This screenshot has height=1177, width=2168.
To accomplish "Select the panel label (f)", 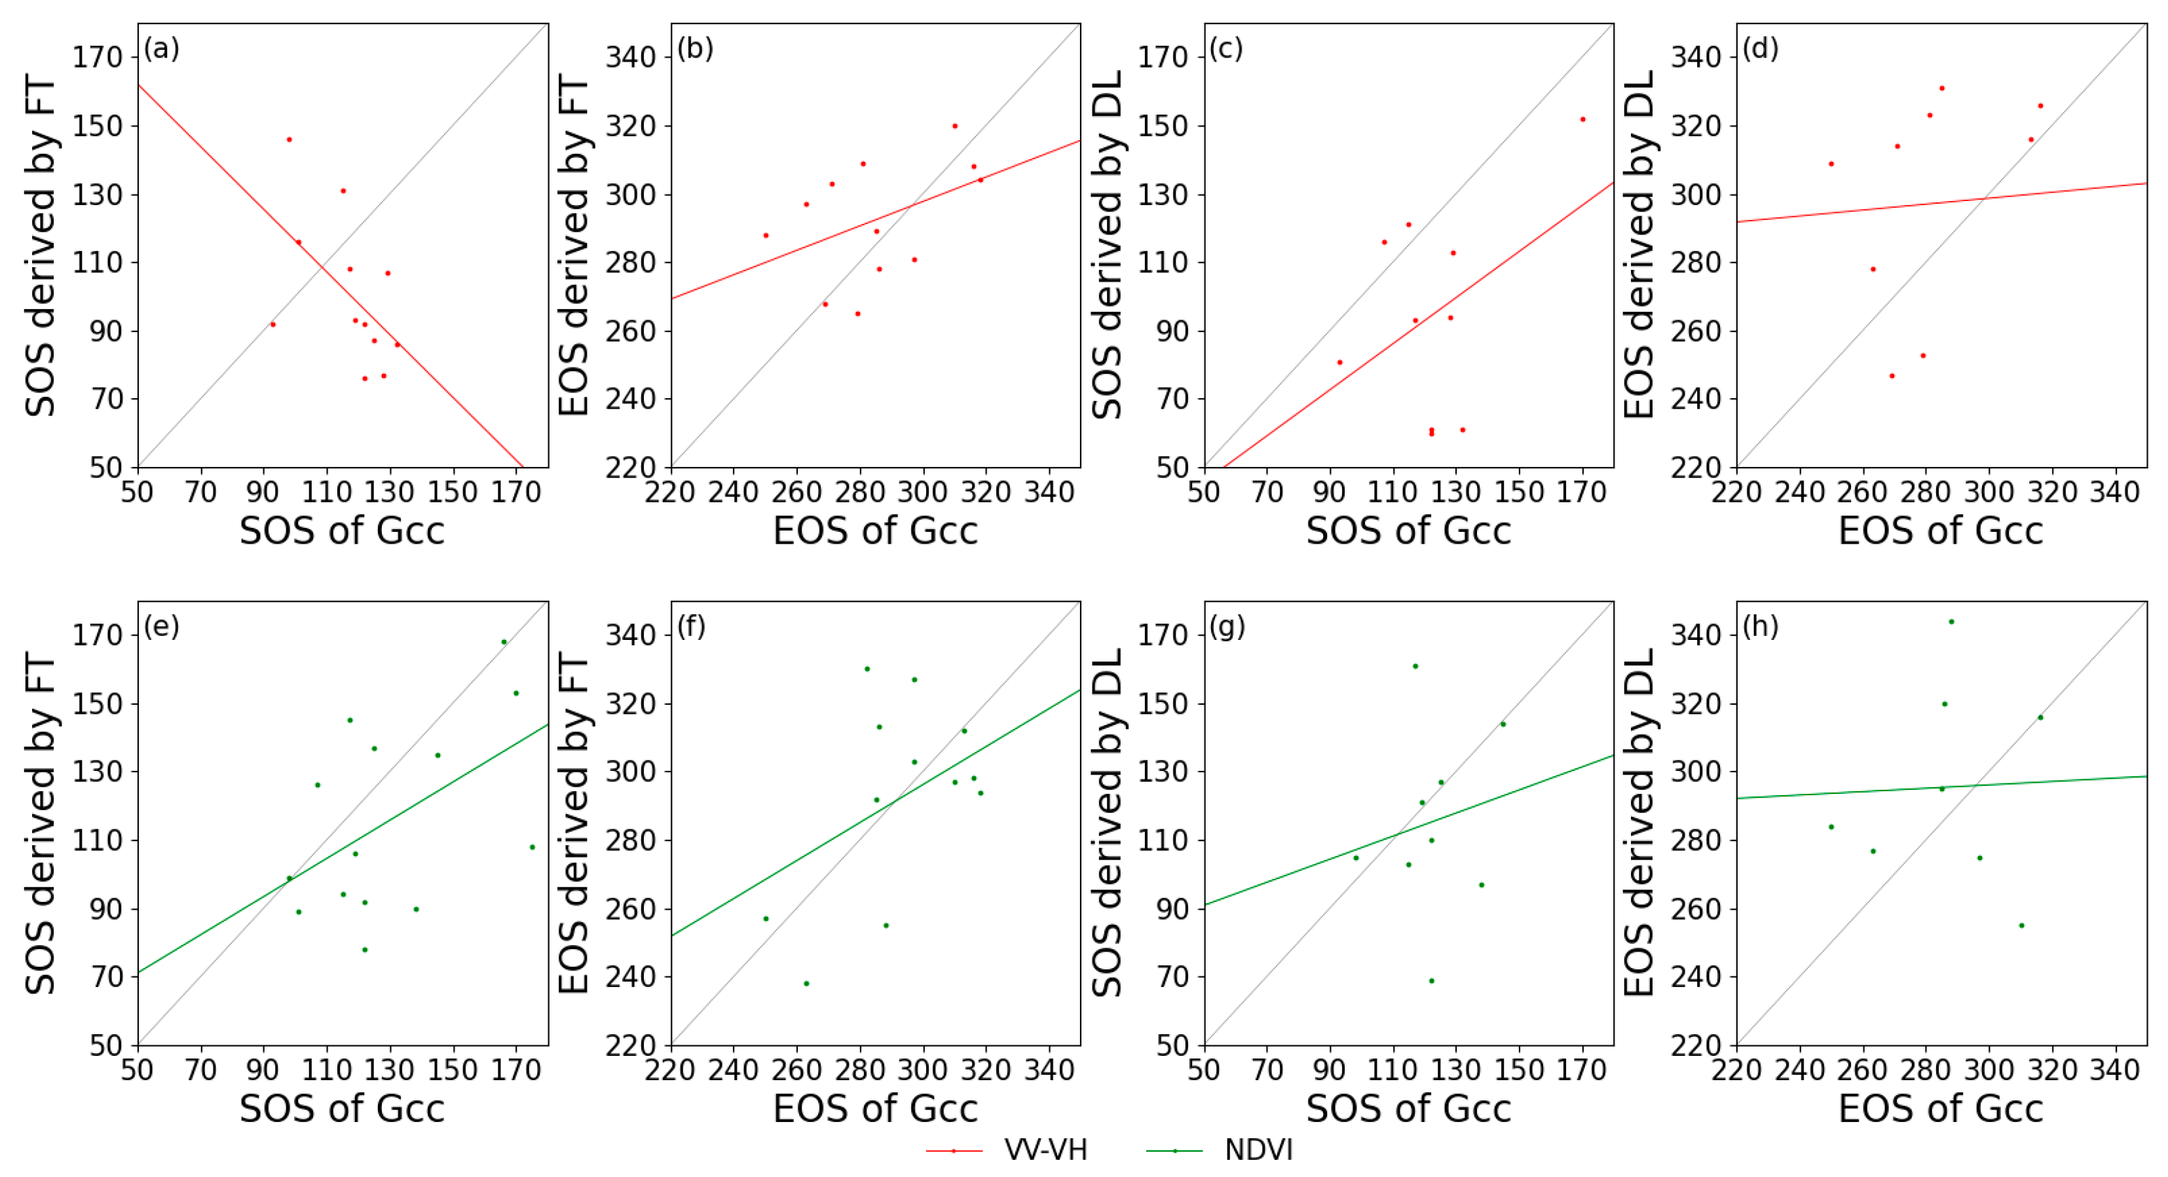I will pos(691,626).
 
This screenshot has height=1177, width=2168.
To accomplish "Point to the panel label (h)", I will pos(1760,626).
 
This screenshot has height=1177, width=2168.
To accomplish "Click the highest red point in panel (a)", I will pos(289,140).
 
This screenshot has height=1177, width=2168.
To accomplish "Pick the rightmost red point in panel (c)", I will pos(1582,119).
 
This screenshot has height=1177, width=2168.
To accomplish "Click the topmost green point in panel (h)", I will pos(1951,622).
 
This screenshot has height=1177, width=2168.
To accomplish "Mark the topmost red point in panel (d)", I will pos(1941,88).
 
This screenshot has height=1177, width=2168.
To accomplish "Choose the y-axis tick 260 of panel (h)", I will pos(1696,908).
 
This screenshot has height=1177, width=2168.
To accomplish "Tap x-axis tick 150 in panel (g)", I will pos(1519,1070).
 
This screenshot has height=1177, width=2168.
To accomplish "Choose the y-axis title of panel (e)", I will pos(39,822).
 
